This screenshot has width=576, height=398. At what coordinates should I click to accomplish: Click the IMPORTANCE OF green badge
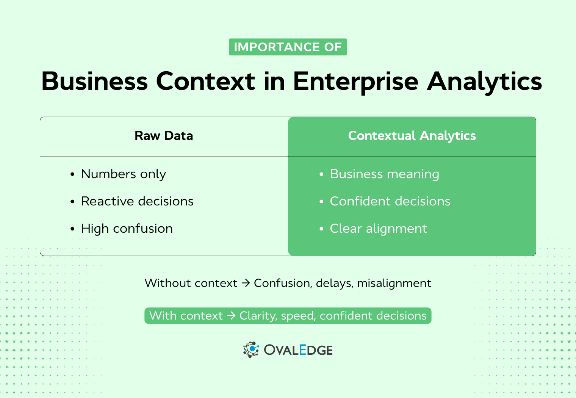pyautogui.click(x=288, y=47)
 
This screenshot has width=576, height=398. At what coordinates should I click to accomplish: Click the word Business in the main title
pyautogui.click(x=94, y=81)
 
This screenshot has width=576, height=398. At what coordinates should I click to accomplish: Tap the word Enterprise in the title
pyautogui.click(x=355, y=81)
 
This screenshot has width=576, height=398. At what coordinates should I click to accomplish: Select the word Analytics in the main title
pyautogui.click(x=484, y=81)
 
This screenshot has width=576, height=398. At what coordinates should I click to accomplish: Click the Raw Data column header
pyautogui.click(x=164, y=136)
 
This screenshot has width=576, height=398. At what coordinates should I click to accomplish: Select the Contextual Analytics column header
pyautogui.click(x=412, y=136)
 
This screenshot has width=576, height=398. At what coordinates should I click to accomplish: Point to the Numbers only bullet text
pyautogui.click(x=124, y=174)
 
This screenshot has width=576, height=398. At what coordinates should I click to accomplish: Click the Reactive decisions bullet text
pyautogui.click(x=137, y=201)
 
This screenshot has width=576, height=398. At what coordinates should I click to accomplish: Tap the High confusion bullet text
pyautogui.click(x=127, y=229)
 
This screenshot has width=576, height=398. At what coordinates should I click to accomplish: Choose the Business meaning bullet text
pyautogui.click(x=384, y=174)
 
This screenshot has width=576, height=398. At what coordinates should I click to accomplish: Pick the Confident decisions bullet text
pyautogui.click(x=390, y=201)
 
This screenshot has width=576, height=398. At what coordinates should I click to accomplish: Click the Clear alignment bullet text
pyautogui.click(x=378, y=229)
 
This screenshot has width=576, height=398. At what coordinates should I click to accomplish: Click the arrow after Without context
pyautogui.click(x=246, y=283)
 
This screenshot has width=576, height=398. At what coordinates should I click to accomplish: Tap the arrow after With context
pyautogui.click(x=231, y=316)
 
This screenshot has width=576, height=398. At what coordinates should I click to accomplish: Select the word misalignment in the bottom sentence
pyautogui.click(x=394, y=283)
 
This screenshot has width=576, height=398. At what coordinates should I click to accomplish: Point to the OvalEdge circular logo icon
pyautogui.click(x=251, y=349)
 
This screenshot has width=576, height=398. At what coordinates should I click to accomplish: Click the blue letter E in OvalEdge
pyautogui.click(x=302, y=349)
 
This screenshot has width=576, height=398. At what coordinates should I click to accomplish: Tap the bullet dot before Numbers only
pyautogui.click(x=72, y=174)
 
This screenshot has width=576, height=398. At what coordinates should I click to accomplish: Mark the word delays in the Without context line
pyautogui.click(x=335, y=283)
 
